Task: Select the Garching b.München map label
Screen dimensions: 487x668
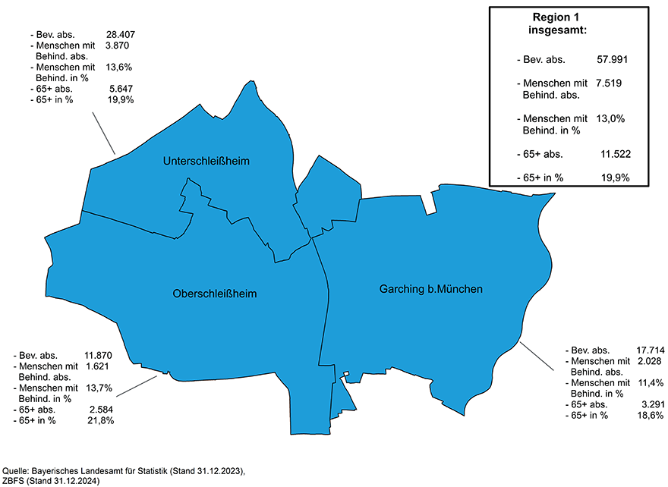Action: point(430,289)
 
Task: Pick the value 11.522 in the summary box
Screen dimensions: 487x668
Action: point(616,154)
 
